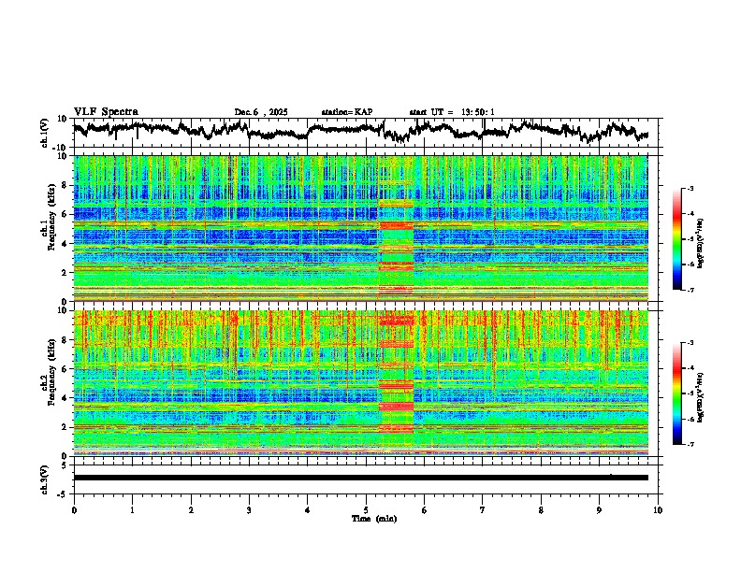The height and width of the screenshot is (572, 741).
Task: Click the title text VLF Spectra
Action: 106,111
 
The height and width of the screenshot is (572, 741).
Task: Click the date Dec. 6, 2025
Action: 261,112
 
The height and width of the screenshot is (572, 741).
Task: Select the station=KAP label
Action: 346,112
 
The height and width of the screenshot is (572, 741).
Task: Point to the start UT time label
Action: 452,112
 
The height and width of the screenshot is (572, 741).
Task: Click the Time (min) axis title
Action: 373,518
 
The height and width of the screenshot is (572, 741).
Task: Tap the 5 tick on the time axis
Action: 366,508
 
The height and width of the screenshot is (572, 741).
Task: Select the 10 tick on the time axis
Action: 658,508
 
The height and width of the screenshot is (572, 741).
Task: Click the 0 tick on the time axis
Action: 74,508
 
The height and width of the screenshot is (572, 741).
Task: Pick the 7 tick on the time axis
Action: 483,508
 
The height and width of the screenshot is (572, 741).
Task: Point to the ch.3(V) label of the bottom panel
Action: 45,477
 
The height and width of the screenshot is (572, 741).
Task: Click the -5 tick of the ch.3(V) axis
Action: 65,492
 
